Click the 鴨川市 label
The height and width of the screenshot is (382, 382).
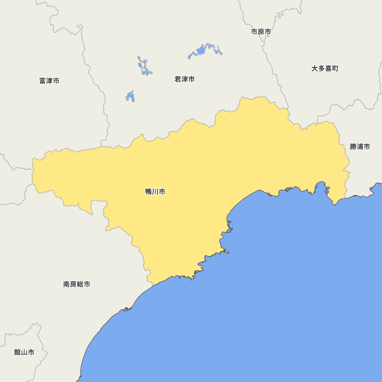[x=155, y=192]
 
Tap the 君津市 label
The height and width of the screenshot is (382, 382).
[x=185, y=79]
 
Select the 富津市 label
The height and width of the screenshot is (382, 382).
[x=49, y=81]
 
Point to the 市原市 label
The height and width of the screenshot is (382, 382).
[x=261, y=32]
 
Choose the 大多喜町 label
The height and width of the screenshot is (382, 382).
[x=325, y=69]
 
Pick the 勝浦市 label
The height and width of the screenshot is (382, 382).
[x=360, y=147]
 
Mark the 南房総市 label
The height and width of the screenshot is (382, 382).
[x=77, y=284]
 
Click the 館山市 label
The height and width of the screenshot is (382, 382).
[x=24, y=352]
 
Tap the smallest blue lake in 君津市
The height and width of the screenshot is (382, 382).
[x=131, y=97]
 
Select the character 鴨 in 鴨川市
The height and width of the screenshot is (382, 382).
[x=149, y=192]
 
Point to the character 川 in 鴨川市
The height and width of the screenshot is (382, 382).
[x=155, y=192]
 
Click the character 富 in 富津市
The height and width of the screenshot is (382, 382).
[x=43, y=81]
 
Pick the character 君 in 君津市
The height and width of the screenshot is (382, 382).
[x=178, y=79]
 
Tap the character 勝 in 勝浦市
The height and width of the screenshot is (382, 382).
[x=353, y=147]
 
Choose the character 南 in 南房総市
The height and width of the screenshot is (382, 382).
[x=67, y=284]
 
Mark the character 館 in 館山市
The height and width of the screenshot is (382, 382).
[x=18, y=352]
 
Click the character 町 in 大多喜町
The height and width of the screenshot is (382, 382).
[x=335, y=69]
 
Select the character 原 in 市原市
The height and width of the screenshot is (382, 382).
[x=261, y=32]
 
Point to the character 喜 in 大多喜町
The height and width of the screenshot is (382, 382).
[x=328, y=69]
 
